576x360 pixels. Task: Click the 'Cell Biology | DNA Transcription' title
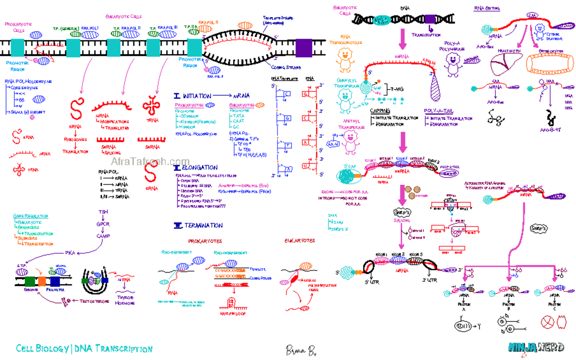click(84, 349)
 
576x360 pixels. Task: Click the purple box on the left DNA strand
click(303, 48)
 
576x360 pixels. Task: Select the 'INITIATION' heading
click(196, 96)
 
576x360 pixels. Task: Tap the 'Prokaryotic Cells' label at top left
click(18, 26)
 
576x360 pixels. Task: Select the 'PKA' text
click(70, 252)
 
